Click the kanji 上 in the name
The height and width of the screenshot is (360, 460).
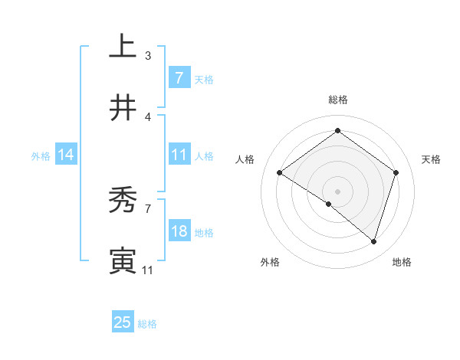click(123, 47)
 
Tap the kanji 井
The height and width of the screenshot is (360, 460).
click(123, 108)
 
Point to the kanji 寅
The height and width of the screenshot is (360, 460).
click(123, 261)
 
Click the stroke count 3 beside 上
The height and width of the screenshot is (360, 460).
click(148, 55)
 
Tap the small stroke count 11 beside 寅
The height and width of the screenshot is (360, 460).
click(148, 270)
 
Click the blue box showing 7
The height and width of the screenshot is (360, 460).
click(179, 78)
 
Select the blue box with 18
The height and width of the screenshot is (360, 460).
click(179, 231)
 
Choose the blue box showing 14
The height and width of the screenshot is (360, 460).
click(66, 155)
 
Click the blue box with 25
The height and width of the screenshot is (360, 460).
click(123, 322)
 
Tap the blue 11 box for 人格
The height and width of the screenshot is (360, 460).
click(179, 155)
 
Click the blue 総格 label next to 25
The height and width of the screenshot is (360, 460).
click(147, 324)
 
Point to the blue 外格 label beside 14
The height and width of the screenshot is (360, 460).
click(41, 156)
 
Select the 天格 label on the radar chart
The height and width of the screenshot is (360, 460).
click(431, 159)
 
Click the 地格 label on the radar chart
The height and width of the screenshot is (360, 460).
click(402, 262)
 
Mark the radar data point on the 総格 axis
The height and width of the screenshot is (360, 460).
click(337, 131)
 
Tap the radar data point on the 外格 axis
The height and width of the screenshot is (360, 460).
click(328, 204)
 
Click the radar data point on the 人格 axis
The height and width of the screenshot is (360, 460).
click(280, 173)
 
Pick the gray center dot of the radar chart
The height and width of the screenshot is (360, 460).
click(337, 191)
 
